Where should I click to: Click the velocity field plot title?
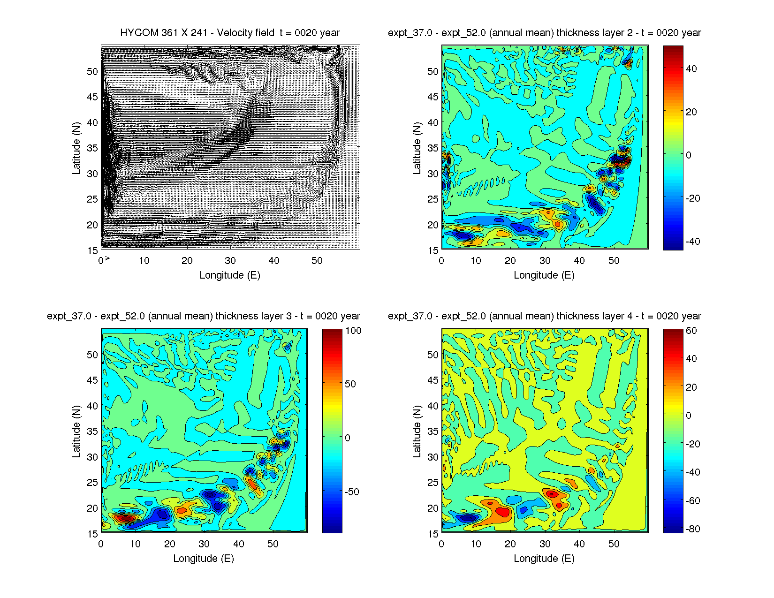(230, 33)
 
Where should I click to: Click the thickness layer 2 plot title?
(544, 33)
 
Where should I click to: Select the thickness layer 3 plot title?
(204, 316)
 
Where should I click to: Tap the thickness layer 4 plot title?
(544, 316)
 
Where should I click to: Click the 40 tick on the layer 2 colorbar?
(691, 69)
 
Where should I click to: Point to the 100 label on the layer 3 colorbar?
(353, 331)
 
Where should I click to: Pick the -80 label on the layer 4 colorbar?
(691, 529)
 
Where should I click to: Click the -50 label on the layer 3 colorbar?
(352, 492)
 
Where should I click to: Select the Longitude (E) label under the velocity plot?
(230, 275)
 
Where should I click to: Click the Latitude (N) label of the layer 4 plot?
(417, 431)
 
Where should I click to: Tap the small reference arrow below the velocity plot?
(107, 258)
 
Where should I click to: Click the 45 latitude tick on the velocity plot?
(92, 97)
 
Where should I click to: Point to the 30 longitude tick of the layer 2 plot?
(545, 261)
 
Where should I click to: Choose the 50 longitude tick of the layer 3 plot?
(273, 544)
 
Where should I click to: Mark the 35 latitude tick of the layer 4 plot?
(433, 431)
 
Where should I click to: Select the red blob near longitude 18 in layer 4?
(503, 512)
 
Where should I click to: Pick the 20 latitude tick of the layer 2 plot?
(433, 225)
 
